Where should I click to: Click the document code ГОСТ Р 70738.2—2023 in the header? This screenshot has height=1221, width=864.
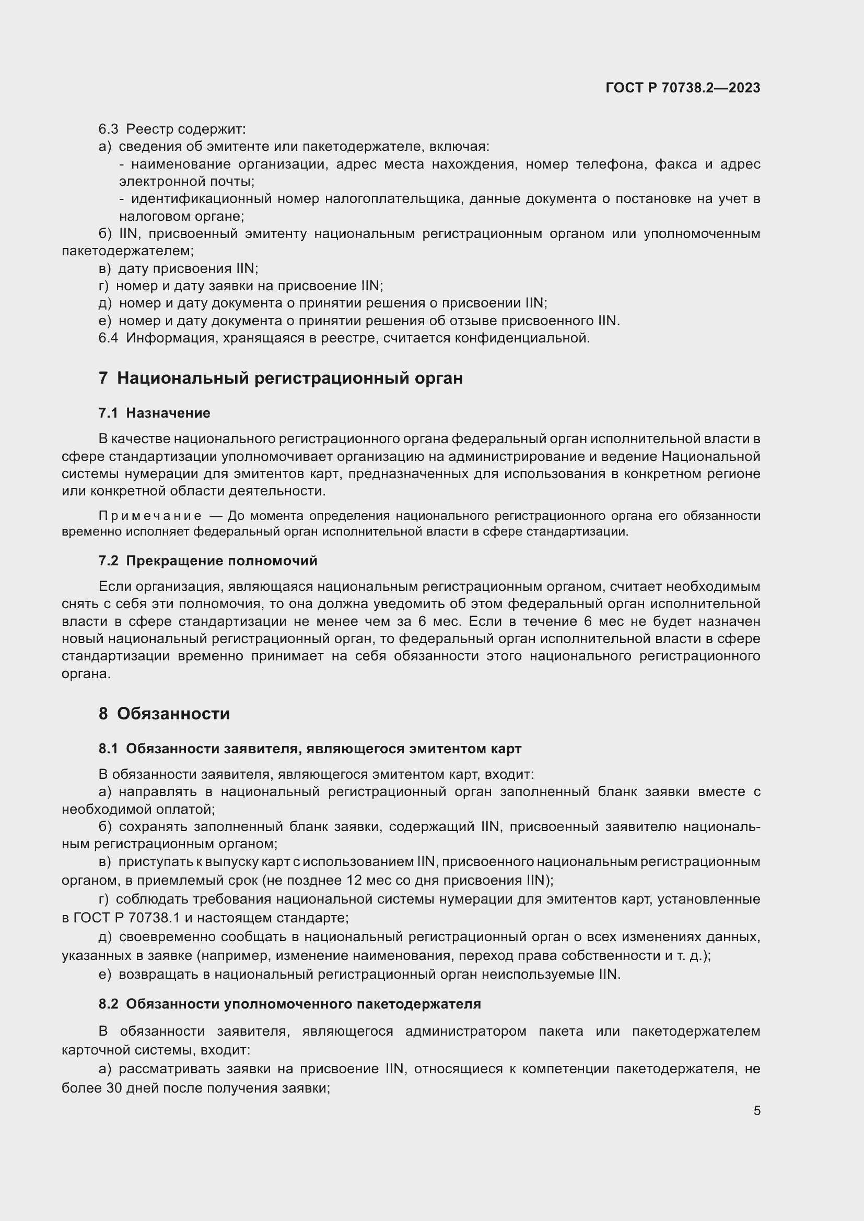coord(683,88)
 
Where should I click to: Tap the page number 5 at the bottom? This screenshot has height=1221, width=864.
coord(756,1110)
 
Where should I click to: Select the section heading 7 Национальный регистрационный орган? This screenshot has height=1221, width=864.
coord(281,378)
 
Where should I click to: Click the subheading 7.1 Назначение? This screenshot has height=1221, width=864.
coord(154,413)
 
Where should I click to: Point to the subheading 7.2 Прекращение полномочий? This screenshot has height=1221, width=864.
coord(207,561)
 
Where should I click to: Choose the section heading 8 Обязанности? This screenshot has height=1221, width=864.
coord(164,713)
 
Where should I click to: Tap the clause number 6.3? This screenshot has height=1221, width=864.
coord(108,129)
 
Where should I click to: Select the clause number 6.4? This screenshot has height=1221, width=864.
coord(108,338)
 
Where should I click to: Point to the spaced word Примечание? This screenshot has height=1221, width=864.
coord(150,516)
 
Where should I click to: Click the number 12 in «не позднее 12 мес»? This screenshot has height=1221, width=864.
coord(354,880)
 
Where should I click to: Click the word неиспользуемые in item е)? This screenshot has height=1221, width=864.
coord(538,974)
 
